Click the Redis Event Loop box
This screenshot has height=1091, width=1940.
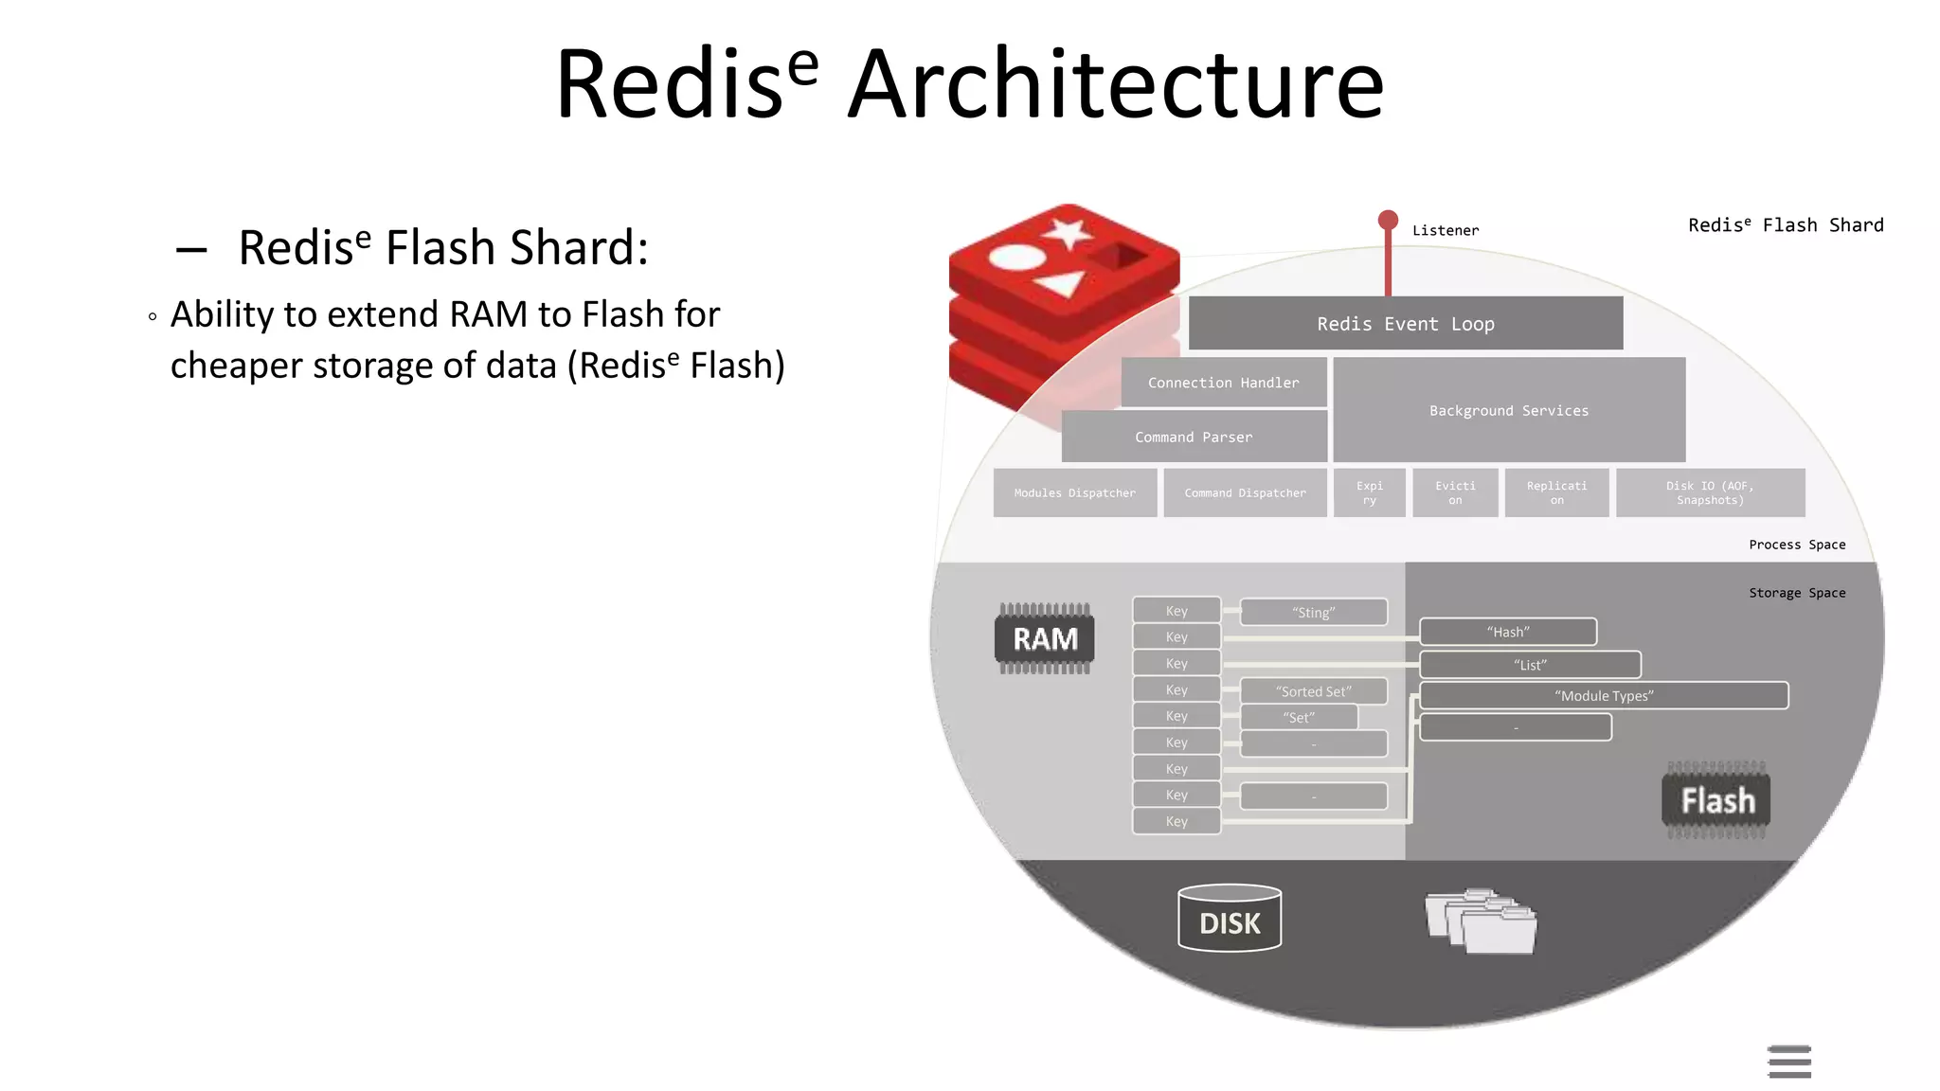pos(1405,324)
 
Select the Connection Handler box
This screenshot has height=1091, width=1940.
pos(1223,383)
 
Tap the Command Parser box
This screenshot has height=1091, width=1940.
pos(1194,437)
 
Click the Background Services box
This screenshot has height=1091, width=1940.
pos(1508,410)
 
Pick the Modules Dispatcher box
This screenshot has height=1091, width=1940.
pos(1074,492)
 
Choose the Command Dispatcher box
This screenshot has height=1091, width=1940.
pos(1245,492)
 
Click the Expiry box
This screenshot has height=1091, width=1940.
pos(1369,492)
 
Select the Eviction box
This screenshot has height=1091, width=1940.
pos(1455,492)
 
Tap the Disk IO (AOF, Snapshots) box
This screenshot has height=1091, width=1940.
pos(1710,492)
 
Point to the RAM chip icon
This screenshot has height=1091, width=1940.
pos(1045,639)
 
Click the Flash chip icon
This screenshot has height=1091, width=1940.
pos(1716,801)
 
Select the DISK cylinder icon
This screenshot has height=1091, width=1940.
pos(1230,919)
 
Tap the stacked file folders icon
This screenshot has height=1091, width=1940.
pos(1481,921)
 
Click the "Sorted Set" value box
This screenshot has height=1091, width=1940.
pos(1313,691)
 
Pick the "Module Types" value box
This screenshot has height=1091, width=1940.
pos(1603,696)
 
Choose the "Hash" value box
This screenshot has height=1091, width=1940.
pos(1507,632)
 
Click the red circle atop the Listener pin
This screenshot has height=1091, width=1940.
pos(1388,221)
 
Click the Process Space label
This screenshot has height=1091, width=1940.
pos(1796,545)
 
